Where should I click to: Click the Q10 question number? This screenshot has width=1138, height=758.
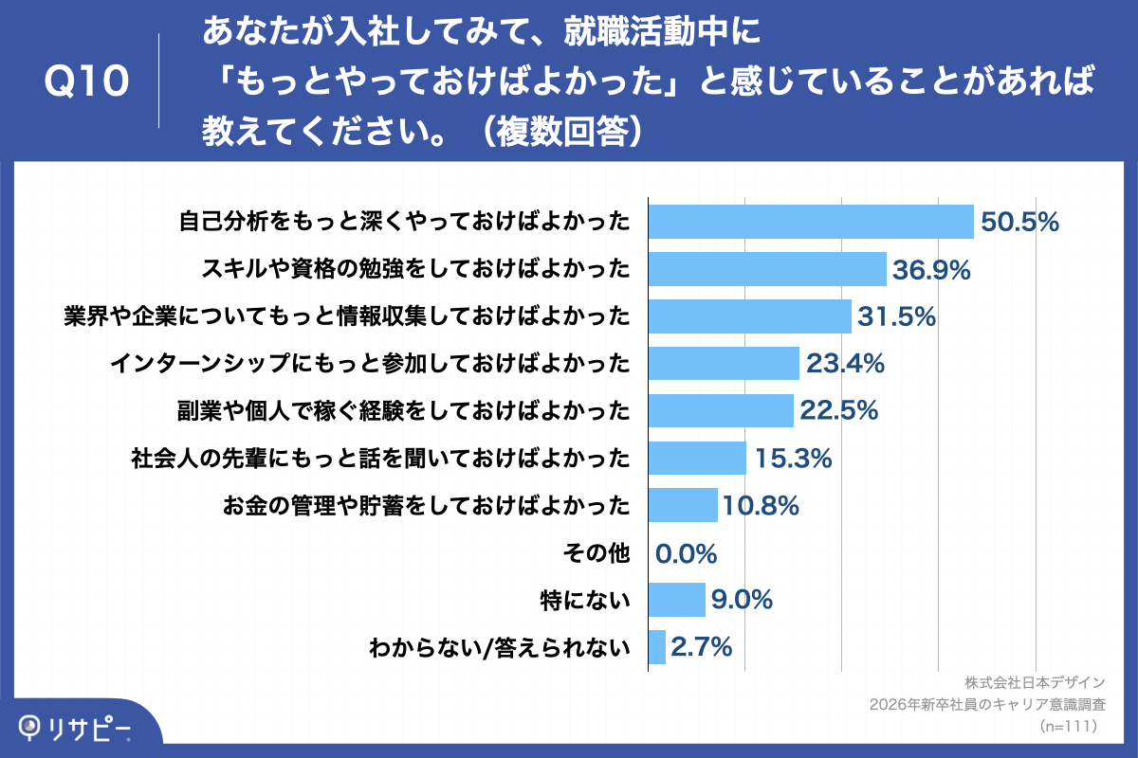click(x=86, y=81)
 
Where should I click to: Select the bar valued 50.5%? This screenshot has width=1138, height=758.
click(x=811, y=222)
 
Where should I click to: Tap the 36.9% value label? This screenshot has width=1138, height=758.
click(x=931, y=269)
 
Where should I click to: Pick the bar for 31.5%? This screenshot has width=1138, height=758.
click(x=750, y=316)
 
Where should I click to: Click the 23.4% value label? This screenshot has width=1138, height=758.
click(x=845, y=363)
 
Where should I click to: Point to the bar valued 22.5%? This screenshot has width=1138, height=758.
click(x=721, y=410)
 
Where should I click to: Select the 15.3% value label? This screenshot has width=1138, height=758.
click(x=794, y=458)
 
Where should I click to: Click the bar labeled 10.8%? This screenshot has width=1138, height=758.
click(x=683, y=505)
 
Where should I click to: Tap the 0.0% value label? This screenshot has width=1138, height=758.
click(x=686, y=553)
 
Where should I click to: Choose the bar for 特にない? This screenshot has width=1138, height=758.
click(x=677, y=600)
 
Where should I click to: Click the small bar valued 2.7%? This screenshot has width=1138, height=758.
click(x=657, y=647)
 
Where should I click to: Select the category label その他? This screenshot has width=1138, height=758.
click(x=597, y=553)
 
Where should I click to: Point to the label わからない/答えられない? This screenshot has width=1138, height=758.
click(x=500, y=647)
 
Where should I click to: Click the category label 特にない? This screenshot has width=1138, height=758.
click(x=585, y=600)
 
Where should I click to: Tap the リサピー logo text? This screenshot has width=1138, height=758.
click(x=88, y=729)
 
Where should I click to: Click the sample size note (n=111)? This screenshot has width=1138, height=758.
click(x=1069, y=726)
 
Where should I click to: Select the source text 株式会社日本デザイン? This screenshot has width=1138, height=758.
click(x=1035, y=683)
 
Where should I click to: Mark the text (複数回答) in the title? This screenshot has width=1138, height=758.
click(x=563, y=131)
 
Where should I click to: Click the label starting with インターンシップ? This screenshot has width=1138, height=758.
click(x=371, y=364)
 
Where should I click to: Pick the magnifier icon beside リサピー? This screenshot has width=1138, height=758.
click(x=29, y=727)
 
